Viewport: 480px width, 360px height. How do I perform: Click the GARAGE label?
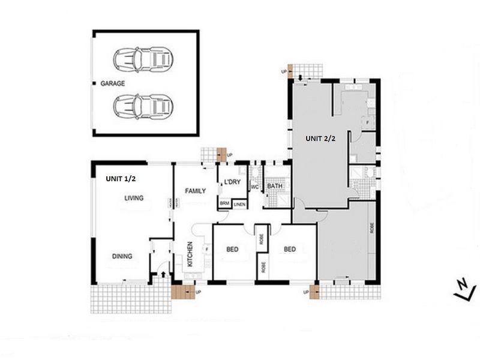coord(113,83)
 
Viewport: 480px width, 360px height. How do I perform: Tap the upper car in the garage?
coord(143,59)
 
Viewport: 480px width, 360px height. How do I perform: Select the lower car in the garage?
coord(143,106)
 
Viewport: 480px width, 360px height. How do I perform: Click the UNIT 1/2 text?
coord(121,179)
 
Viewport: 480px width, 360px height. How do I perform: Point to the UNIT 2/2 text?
coord(321,139)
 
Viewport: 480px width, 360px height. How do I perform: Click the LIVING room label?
coord(134,198)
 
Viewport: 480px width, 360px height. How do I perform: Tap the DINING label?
coord(122,256)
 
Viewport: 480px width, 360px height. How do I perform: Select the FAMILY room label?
coord(196,191)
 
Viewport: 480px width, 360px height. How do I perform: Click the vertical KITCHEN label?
coord(191,254)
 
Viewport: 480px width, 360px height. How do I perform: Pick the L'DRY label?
coord(233,182)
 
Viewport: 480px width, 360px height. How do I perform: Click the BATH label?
coord(275,187)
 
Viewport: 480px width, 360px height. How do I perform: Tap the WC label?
coord(254,187)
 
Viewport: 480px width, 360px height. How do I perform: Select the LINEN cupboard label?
coord(240,204)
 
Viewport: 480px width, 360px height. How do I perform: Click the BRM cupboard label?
coord(224,203)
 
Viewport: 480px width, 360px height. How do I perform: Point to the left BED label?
coord(233,249)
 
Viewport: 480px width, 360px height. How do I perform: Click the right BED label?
coord(290,249)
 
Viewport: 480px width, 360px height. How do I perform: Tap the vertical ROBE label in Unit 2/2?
coord(372,229)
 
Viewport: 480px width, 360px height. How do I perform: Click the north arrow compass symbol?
coord(461,289)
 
